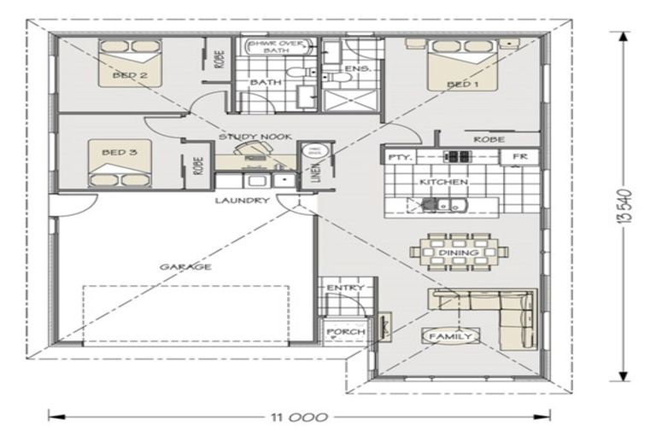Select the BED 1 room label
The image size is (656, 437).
(461, 84)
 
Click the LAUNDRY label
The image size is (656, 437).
(242, 201)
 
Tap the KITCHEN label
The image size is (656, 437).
(442, 183)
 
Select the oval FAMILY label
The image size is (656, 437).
(450, 337)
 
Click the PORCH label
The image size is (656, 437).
(346, 332)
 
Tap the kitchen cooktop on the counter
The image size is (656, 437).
(457, 157)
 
